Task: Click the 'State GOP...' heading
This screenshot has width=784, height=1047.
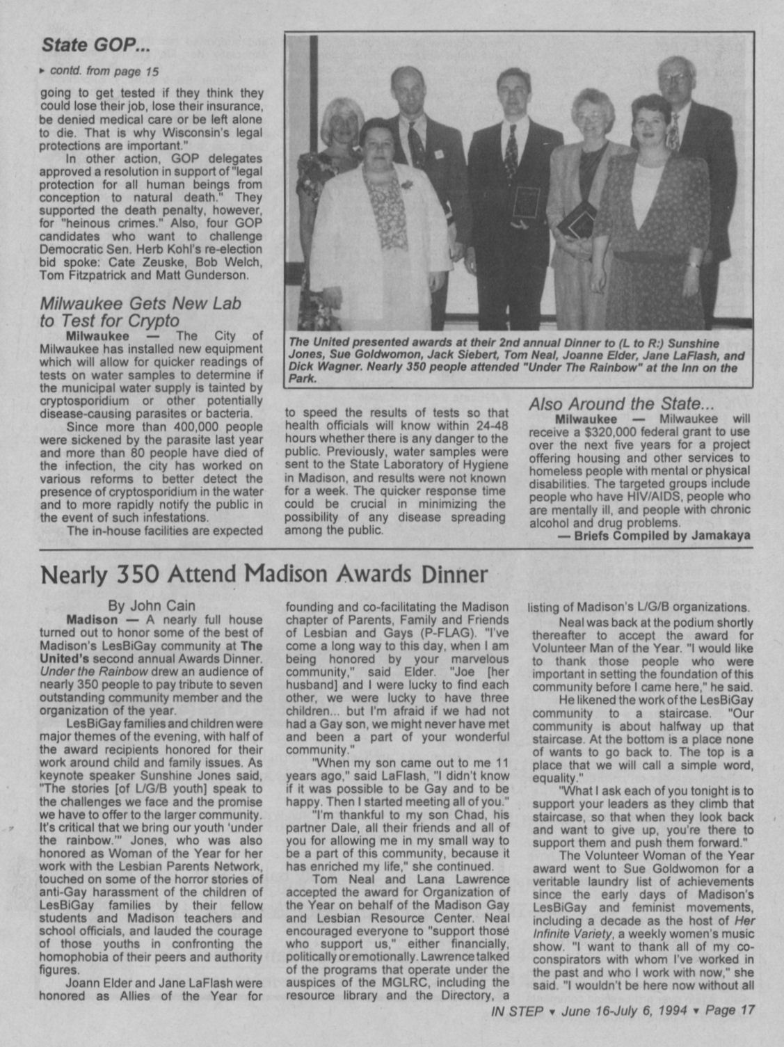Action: (96, 47)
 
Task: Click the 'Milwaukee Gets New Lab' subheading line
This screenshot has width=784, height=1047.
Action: (141, 303)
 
